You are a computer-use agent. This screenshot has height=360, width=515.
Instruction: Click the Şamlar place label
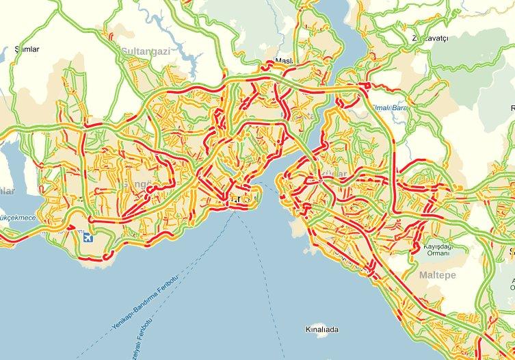28,49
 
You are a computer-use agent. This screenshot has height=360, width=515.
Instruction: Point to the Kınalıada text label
321,330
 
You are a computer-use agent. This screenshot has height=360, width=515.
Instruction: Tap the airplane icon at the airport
87,238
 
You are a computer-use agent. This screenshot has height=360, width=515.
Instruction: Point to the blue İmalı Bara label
388,107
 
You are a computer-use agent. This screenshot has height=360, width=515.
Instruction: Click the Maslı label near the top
283,62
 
